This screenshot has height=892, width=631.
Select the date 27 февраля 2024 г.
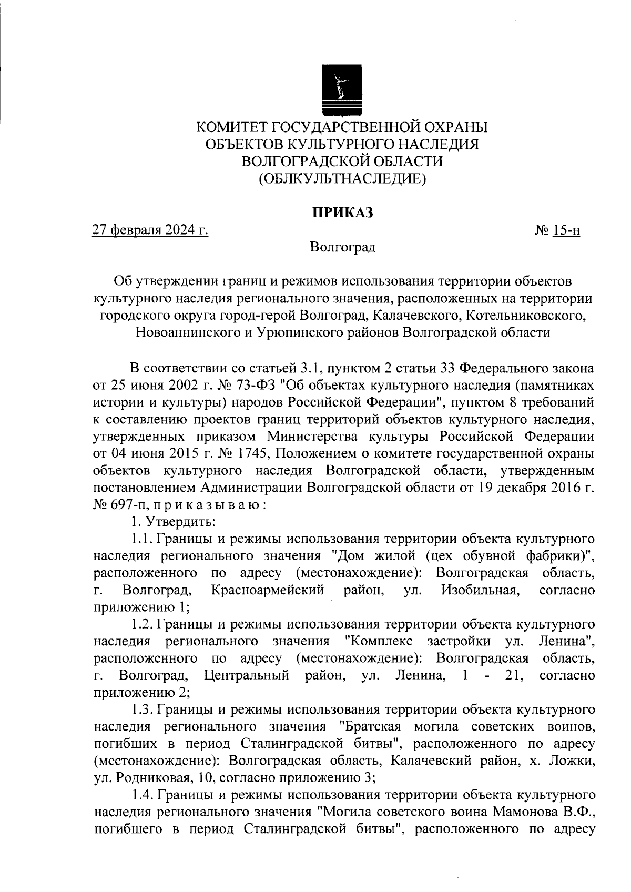tap(150, 230)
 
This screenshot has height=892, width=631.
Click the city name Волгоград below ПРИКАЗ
tap(342, 247)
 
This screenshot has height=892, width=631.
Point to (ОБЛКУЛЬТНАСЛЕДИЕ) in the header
tap(342, 178)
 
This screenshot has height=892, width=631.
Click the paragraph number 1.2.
tap(141, 624)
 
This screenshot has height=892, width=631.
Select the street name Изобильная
tap(477, 590)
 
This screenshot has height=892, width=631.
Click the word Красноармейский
tap(268, 590)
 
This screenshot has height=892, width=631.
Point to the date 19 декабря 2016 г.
tap(536, 488)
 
